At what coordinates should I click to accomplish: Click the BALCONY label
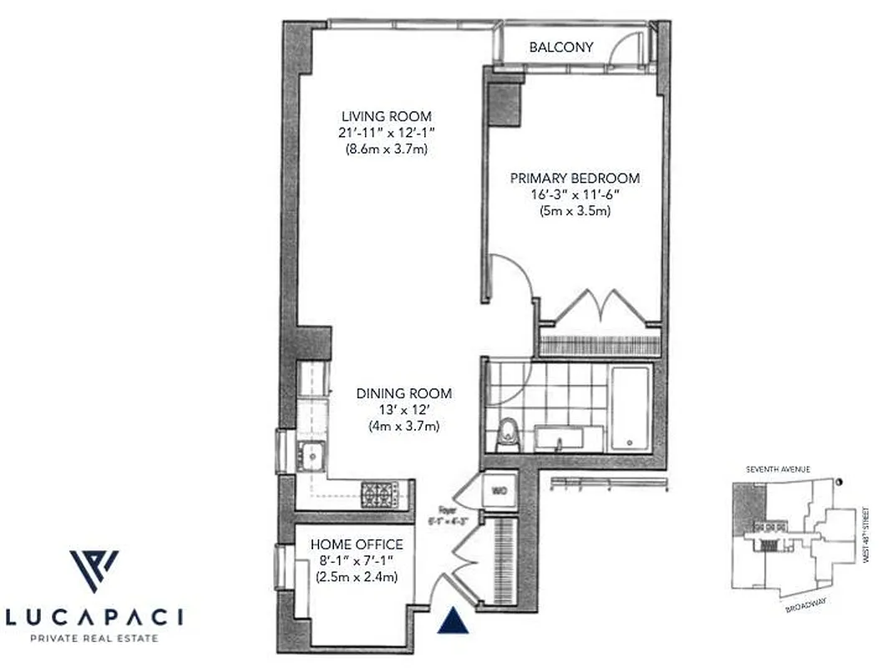coord(561,48)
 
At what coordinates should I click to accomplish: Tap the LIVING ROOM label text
coord(386,117)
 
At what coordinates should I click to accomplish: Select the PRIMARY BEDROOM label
coord(575,178)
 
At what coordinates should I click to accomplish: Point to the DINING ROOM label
coord(404,393)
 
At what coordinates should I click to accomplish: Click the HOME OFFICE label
coord(356,544)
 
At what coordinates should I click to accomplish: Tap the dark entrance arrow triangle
coord(451,620)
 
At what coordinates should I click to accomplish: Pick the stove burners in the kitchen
coord(381,494)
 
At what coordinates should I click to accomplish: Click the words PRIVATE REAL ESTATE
coord(94,639)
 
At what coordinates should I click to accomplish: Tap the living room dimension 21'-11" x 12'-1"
coord(386,134)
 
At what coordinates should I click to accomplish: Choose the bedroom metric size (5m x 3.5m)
coord(575,211)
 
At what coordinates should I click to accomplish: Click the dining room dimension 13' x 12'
coord(404,410)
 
